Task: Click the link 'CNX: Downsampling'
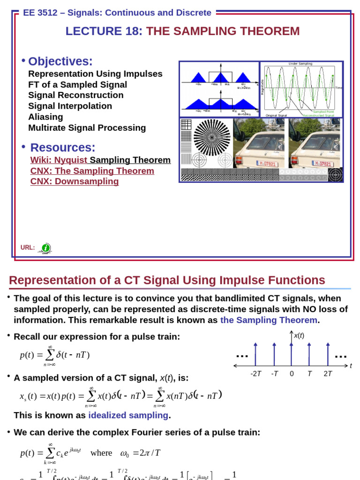point(75,181)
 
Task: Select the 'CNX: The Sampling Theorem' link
point(92,171)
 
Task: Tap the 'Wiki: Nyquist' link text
point(59,160)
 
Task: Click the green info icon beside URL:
point(45,248)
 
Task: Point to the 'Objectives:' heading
point(60,61)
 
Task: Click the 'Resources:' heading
point(63,147)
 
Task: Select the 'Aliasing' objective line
point(45,117)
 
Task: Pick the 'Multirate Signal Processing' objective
point(87,127)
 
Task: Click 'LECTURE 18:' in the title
point(104,31)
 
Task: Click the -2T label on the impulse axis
point(255,374)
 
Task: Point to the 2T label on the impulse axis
point(328,374)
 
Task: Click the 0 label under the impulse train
point(292,374)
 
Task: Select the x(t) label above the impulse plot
point(299,336)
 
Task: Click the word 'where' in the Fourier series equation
point(101,453)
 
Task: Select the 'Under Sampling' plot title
point(300,64)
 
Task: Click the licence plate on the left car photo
point(266,164)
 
